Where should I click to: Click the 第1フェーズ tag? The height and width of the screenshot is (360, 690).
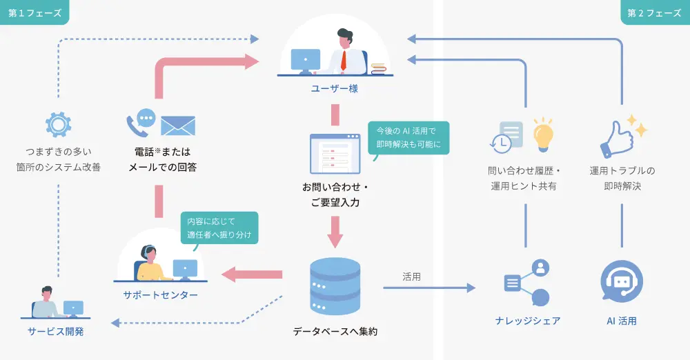pos(34,12)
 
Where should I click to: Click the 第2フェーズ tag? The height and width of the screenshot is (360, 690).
pos(654,12)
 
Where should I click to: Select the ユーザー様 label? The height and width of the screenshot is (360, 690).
pos(335,89)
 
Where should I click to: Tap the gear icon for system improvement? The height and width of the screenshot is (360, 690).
pos(58,125)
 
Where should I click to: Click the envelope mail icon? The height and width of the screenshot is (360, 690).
pos(178,126)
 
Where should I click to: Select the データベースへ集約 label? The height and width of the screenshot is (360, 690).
pos(335,332)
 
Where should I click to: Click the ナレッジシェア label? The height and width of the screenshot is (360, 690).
pos(527,321)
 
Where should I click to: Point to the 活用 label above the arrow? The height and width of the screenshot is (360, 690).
pos(412,276)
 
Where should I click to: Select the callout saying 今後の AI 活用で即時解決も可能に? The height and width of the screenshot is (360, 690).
pos(408,137)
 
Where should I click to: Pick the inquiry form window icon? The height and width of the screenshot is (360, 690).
pos(335,153)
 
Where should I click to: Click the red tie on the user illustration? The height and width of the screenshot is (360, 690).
pos(343,61)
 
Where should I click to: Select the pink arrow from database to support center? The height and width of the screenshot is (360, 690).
pos(251,274)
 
